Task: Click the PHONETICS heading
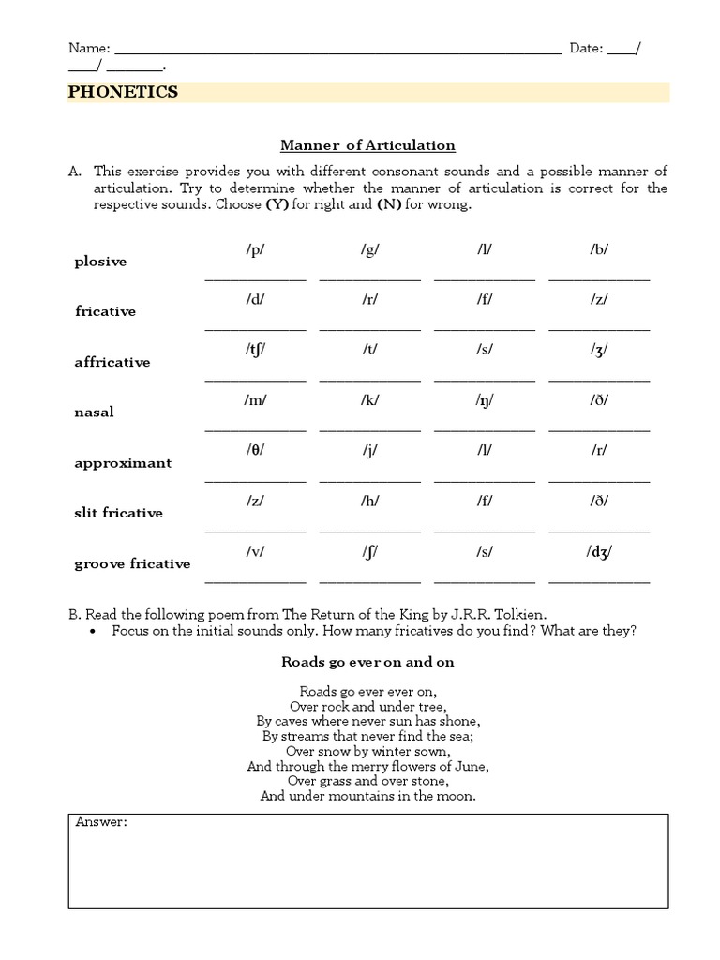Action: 123,92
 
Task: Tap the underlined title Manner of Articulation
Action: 368,145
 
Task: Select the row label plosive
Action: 100,262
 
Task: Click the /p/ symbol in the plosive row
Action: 255,249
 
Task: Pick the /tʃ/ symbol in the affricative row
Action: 255,350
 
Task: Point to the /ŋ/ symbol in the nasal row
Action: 484,400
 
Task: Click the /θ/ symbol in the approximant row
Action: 255,450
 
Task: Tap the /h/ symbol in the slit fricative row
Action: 369,501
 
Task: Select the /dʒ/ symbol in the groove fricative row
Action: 598,551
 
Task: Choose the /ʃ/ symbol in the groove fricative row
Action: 369,551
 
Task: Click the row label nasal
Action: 94,412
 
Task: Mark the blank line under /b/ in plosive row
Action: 598,278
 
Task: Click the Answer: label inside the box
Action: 101,823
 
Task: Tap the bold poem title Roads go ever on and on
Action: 367,662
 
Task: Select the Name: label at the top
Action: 89,49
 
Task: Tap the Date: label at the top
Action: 587,49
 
